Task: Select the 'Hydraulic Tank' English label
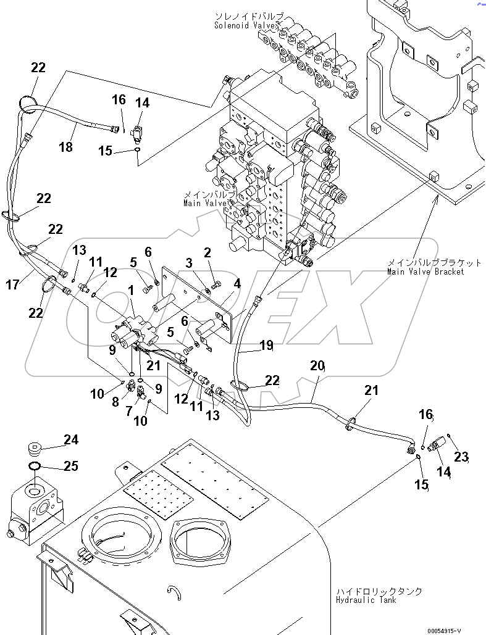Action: pyautogui.click(x=367, y=600)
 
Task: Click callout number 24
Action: pyautogui.click(x=71, y=440)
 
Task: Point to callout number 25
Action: pyautogui.click(x=71, y=466)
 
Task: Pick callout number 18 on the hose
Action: pyautogui.click(x=65, y=147)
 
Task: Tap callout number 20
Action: pyautogui.click(x=317, y=366)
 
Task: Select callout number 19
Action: pyautogui.click(x=266, y=346)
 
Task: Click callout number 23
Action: pyautogui.click(x=462, y=457)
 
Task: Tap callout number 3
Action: pyautogui.click(x=190, y=264)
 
